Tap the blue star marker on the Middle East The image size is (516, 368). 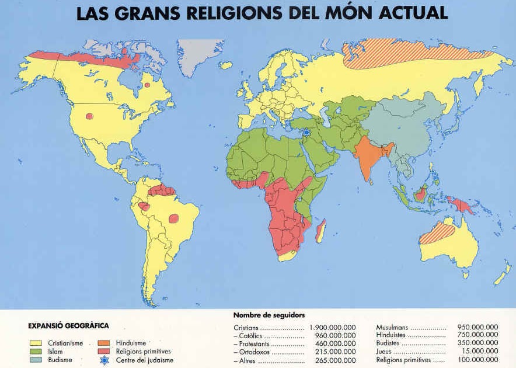click(x=306, y=133)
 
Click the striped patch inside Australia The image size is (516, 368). click(x=438, y=234)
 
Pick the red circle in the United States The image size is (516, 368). click(x=89, y=116)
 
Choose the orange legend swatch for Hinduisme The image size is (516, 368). click(x=105, y=343)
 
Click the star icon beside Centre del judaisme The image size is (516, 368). click(x=105, y=360)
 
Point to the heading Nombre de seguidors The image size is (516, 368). click(x=269, y=315)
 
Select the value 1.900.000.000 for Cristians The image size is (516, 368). click(x=332, y=328)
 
